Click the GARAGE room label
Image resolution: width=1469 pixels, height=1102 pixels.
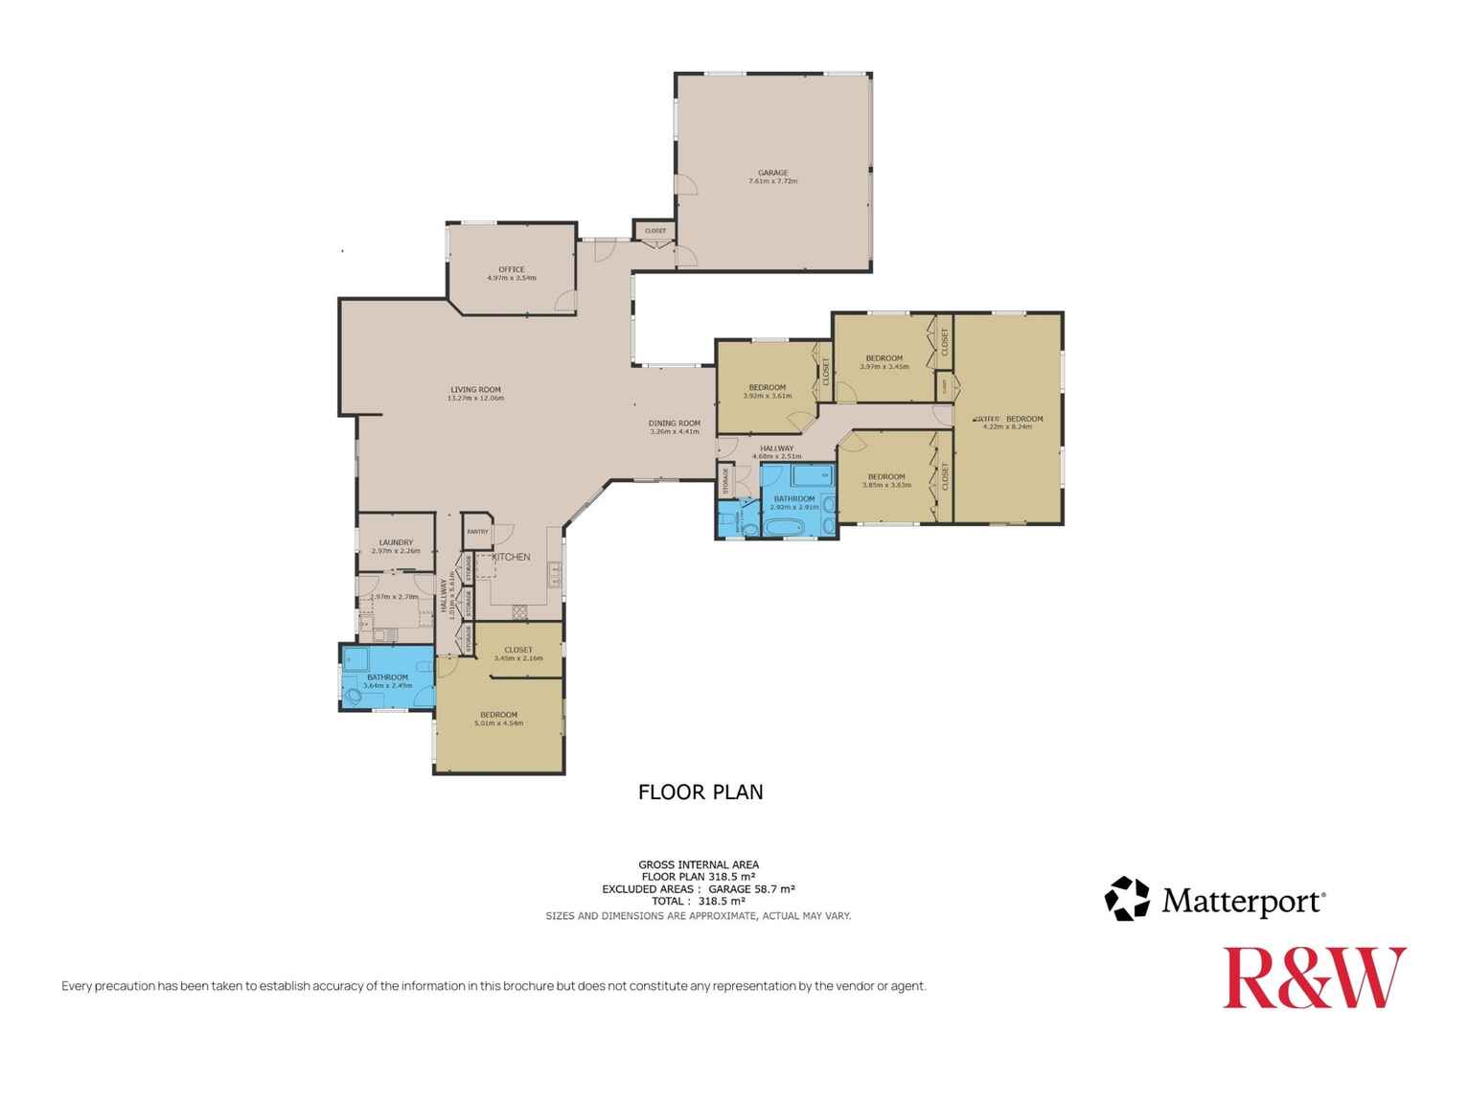[772, 173]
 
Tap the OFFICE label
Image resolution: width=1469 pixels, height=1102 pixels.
[511, 269]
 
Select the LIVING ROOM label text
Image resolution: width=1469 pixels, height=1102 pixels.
[475, 390]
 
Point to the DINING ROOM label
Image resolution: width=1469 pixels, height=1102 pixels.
[674, 424]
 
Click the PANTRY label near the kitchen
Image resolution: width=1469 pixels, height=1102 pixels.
[476, 532]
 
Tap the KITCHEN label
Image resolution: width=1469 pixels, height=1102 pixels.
[511, 557]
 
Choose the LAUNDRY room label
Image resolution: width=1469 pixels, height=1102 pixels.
[396, 542]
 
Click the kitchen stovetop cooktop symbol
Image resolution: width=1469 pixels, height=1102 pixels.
[519, 610]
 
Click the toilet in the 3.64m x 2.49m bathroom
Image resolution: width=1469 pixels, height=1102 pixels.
[354, 696]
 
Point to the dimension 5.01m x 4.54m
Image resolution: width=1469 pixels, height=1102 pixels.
[498, 723]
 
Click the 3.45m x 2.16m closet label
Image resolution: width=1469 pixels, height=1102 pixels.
[517, 650]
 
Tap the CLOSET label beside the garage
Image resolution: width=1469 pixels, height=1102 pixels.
[655, 231]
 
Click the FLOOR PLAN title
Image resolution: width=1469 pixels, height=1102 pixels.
[700, 792]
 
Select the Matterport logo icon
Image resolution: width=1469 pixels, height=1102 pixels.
[1126, 900]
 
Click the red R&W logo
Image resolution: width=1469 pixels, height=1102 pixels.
[1314, 977]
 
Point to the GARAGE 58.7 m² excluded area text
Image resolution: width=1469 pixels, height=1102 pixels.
[751, 889]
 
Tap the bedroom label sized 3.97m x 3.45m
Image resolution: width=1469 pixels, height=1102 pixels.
[884, 358]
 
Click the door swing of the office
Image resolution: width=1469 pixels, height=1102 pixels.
[565, 301]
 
